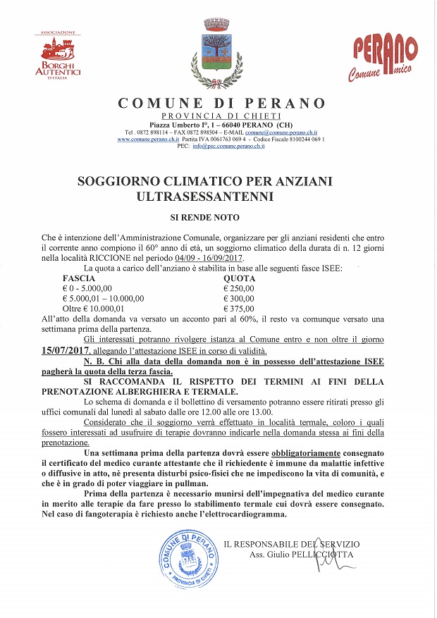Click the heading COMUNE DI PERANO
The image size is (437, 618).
(221, 103)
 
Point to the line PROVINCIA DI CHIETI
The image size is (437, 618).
(221, 116)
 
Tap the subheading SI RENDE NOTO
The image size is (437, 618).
(215, 219)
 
